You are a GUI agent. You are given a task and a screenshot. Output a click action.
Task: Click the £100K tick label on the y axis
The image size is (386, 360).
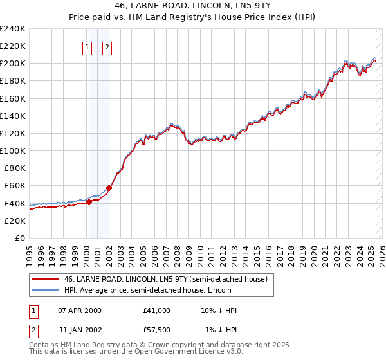[x=13, y=150]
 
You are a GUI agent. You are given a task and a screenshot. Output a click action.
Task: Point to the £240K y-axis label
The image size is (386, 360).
[x=13, y=29]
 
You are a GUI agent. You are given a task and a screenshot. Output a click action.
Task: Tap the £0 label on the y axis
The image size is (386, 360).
[x=19, y=238]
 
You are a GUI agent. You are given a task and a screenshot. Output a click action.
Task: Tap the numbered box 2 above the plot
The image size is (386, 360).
[x=107, y=46]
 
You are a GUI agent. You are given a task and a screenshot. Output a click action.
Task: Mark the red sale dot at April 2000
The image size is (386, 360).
[x=89, y=202]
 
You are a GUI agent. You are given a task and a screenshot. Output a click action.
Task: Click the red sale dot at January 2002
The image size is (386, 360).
[x=109, y=188]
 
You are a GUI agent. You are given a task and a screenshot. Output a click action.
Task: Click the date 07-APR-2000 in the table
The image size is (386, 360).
[x=80, y=310]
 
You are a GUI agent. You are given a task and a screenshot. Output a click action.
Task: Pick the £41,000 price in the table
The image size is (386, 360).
[x=157, y=310]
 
